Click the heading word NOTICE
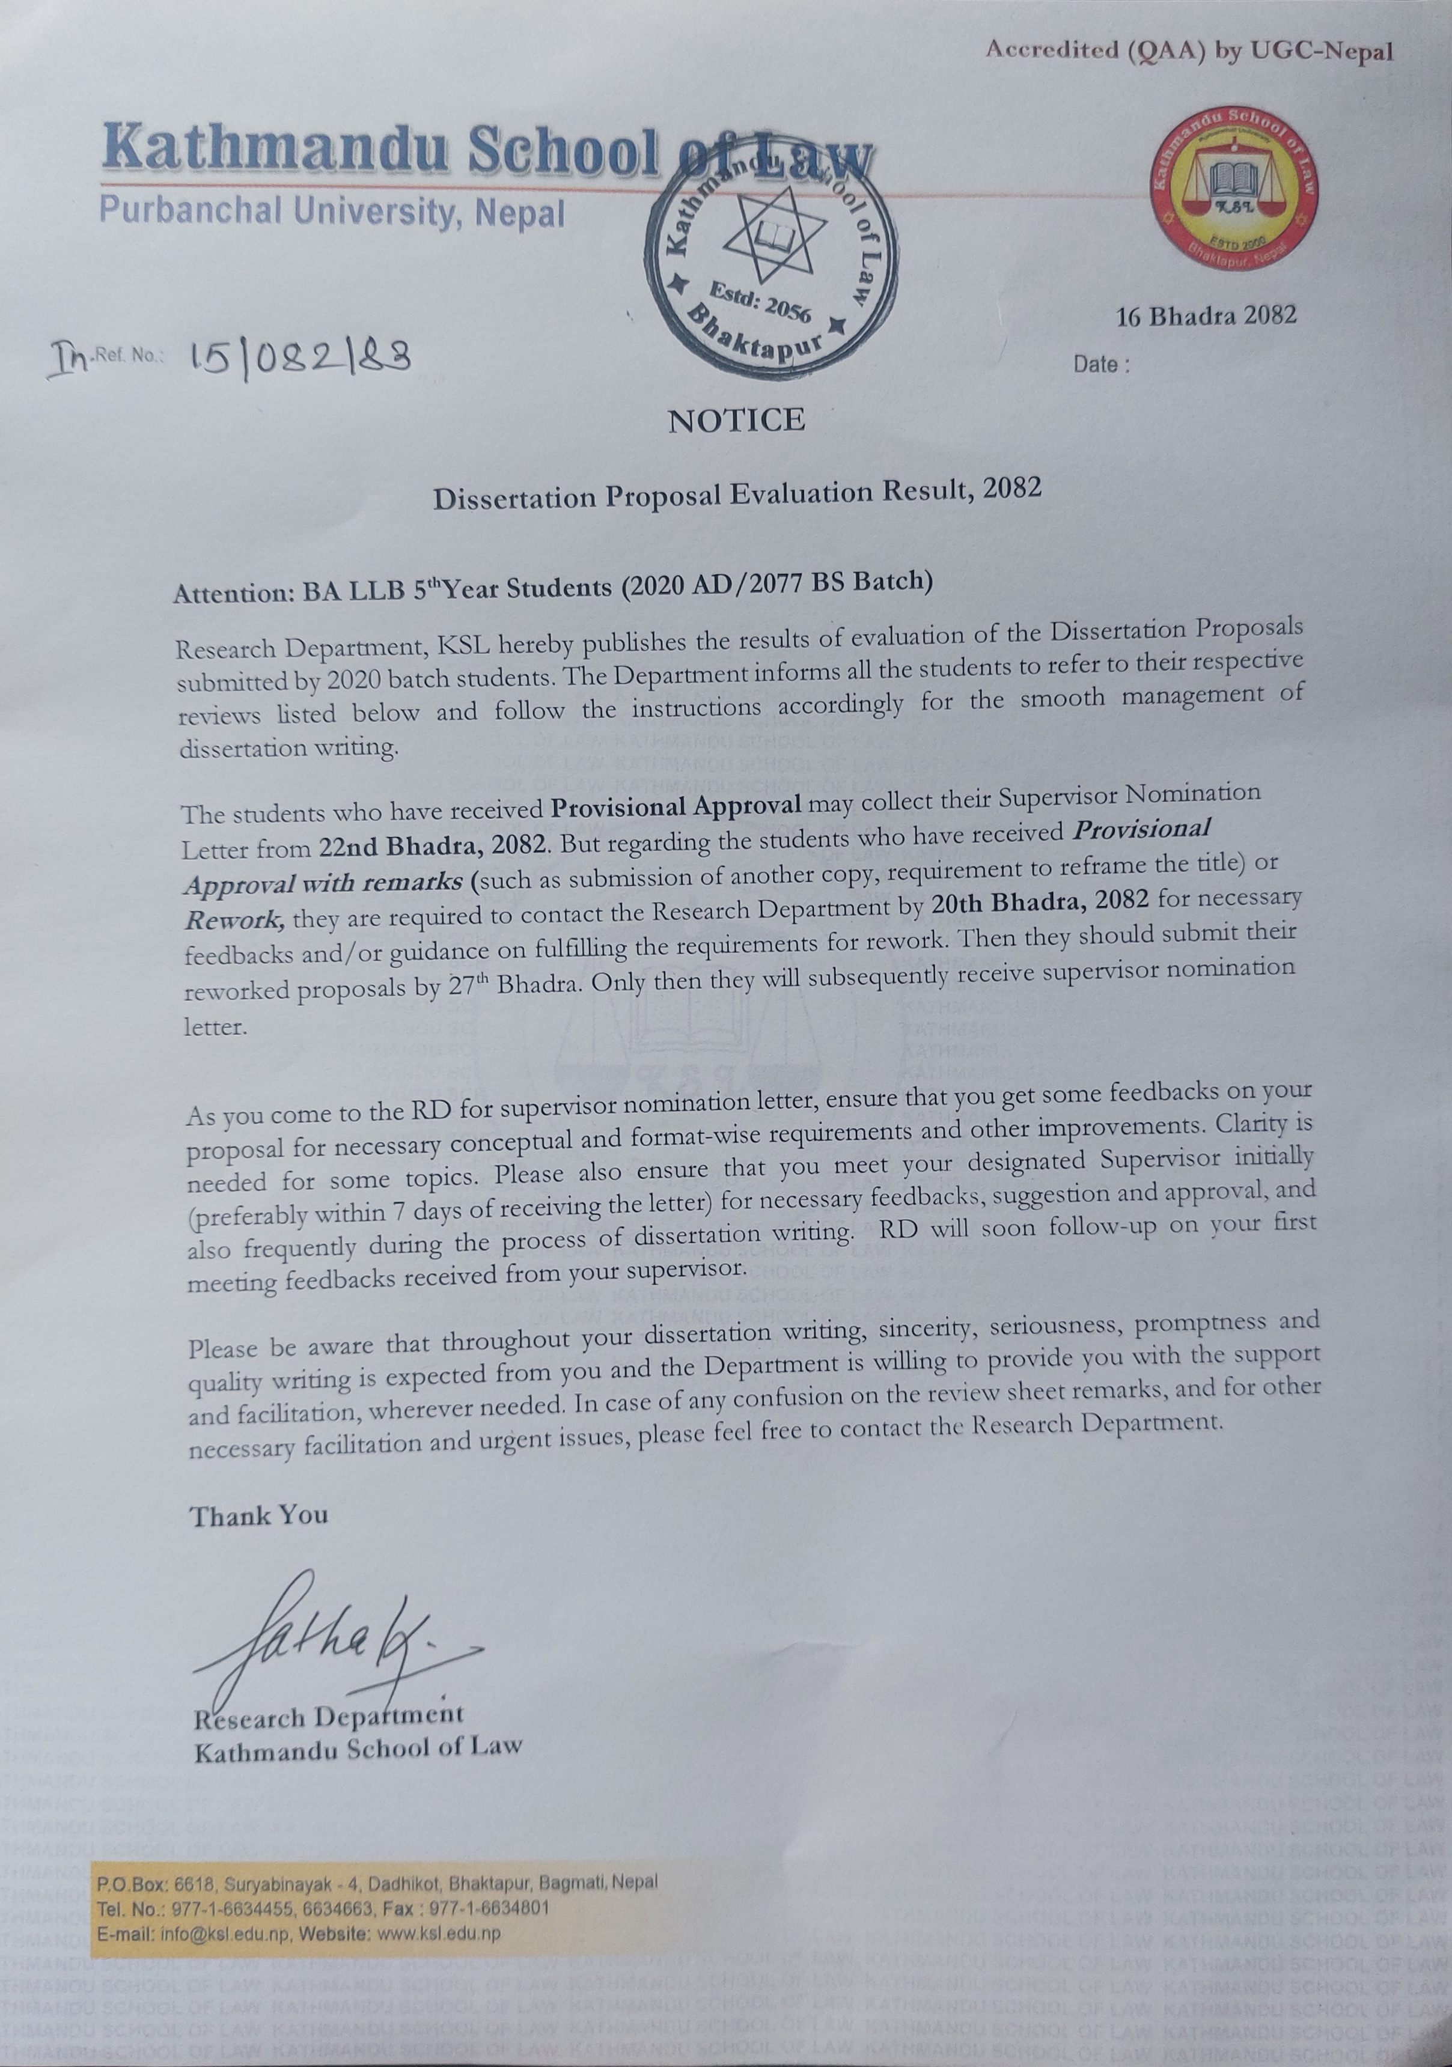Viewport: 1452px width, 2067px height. click(x=736, y=419)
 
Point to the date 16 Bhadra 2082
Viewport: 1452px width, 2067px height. click(x=1206, y=315)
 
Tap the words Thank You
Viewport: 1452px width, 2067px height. click(x=259, y=1515)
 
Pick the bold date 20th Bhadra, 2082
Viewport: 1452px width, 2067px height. click(x=1040, y=900)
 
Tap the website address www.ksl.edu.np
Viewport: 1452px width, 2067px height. click(x=439, y=1933)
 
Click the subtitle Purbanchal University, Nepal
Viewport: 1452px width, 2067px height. click(x=332, y=213)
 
